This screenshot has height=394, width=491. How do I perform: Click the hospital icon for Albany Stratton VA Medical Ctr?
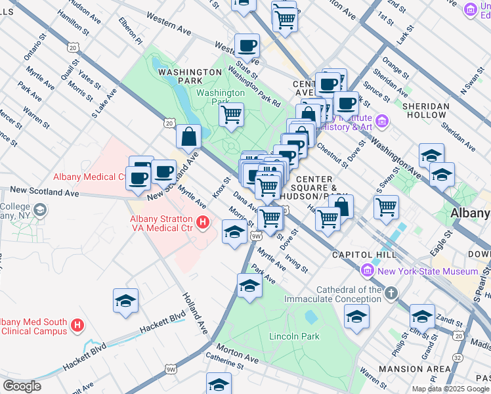point(203,223)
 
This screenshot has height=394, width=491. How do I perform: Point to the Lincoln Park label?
point(294,336)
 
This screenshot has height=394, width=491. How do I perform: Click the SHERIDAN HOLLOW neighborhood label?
point(426,110)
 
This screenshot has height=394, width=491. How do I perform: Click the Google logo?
point(22,386)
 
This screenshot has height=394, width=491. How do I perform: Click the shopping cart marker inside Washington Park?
point(231,115)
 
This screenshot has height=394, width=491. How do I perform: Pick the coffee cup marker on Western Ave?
point(247,46)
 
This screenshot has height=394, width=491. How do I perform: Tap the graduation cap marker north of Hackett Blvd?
point(125,301)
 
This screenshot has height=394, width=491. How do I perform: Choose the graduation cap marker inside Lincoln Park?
point(356,317)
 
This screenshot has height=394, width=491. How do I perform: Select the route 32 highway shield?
point(457,357)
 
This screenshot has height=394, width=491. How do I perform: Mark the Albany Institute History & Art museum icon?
point(383,121)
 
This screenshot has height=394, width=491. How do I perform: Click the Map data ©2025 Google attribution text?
point(450,389)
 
